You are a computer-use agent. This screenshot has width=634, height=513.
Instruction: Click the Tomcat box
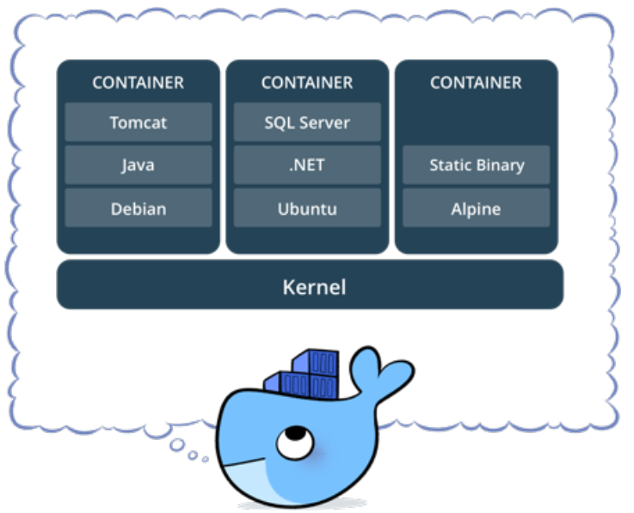tap(138, 122)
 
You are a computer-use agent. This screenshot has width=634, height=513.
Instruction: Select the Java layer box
tap(138, 165)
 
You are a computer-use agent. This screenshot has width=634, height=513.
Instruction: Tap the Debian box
tap(138, 208)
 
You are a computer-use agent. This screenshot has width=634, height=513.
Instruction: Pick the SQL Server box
tap(307, 122)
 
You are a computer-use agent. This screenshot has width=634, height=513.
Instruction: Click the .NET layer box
tap(307, 165)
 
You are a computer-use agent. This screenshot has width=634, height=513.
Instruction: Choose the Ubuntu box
tap(307, 208)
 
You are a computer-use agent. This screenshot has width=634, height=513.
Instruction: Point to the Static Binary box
tap(476, 165)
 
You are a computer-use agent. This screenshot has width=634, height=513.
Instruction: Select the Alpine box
tap(476, 208)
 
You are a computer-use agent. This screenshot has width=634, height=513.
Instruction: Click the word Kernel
tap(314, 286)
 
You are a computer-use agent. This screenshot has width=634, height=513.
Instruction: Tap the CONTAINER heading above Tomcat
tap(138, 83)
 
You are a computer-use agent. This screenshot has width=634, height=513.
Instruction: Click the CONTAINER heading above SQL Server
tap(307, 83)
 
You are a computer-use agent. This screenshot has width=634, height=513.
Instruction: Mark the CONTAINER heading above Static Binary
tap(476, 83)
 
